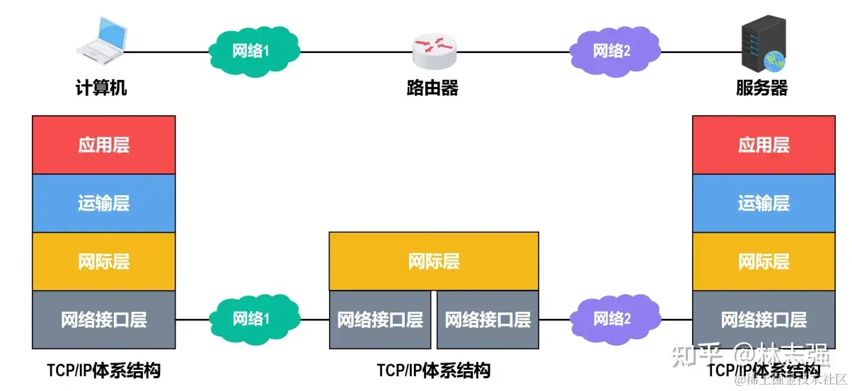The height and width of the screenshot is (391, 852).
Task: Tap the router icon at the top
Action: point(434,49)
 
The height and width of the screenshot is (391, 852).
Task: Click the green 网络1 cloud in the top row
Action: point(252,51)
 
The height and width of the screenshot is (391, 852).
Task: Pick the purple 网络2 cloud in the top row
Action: point(611,51)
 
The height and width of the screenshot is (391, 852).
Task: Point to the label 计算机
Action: point(101,88)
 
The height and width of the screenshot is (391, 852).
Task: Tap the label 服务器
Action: point(761,88)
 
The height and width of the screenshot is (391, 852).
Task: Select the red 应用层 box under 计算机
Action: point(104,145)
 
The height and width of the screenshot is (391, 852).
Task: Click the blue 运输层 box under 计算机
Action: point(104,203)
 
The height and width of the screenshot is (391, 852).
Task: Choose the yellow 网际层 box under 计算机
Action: point(104,262)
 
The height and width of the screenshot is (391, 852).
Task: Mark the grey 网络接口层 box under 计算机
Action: point(104,320)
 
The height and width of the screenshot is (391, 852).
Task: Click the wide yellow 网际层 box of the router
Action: point(434,262)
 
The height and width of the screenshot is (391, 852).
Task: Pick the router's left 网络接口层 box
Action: point(380,320)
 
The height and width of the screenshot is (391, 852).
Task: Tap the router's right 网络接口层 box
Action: point(488,320)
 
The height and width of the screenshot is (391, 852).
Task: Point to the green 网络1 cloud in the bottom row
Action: point(252,319)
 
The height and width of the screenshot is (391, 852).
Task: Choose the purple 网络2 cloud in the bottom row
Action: point(611,319)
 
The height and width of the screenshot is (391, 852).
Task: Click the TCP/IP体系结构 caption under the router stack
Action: point(434,370)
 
